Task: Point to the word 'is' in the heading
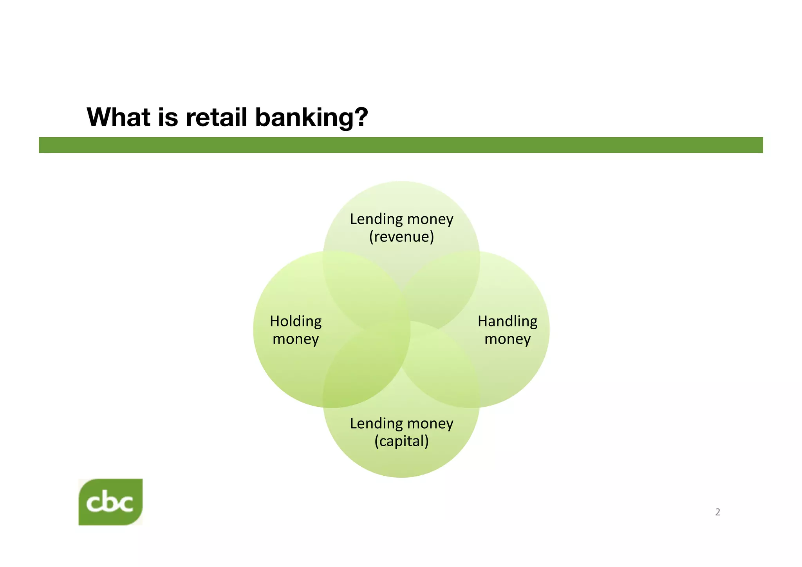point(168,117)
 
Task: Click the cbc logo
point(110,502)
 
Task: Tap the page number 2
point(717,512)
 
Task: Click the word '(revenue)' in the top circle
point(401,237)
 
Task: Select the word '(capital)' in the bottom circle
point(401,441)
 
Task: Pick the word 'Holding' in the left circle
point(296,321)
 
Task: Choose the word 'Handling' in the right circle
point(507,321)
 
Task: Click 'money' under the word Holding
point(296,339)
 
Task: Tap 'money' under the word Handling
point(507,339)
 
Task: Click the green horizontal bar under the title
point(401,145)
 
